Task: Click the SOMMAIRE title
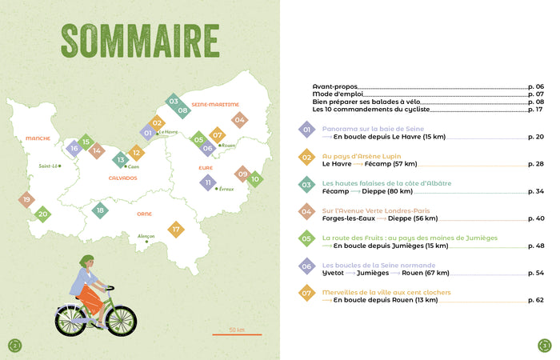click(x=140, y=41)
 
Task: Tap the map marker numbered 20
click(x=43, y=214)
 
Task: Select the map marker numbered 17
click(x=176, y=230)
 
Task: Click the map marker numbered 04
click(x=238, y=120)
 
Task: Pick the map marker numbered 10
click(x=255, y=179)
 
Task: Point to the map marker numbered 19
click(x=26, y=200)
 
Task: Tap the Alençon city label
click(x=146, y=236)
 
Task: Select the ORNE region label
click(x=145, y=214)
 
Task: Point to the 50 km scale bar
click(x=237, y=334)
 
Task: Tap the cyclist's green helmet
click(x=87, y=261)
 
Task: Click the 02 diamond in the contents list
click(x=306, y=157)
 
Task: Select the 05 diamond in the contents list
click(x=306, y=238)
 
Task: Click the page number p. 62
click(x=536, y=300)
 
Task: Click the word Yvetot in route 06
click(x=333, y=273)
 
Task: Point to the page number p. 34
click(x=536, y=191)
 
